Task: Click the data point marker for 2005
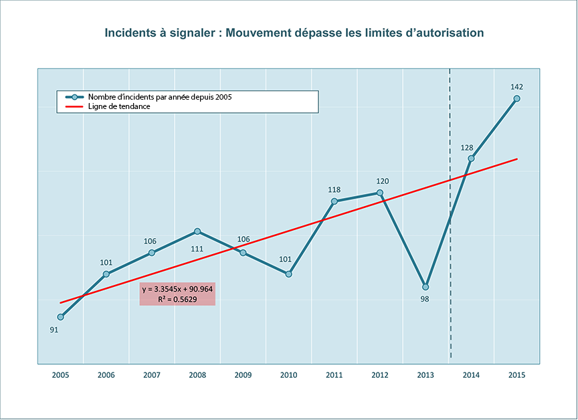coord(60,317)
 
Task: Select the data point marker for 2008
coord(197,231)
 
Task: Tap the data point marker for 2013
coord(425,287)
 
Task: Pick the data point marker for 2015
coord(516,99)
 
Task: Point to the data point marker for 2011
coord(334,201)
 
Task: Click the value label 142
coord(516,86)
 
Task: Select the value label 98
coord(424,299)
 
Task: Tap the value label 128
coord(467,148)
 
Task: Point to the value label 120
coord(382,181)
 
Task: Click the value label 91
coord(54,329)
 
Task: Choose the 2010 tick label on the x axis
coord(288,375)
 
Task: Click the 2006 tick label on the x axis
coord(106,375)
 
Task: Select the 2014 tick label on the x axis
coord(471,375)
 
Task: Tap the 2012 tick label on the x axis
coord(380,375)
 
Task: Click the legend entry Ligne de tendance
coord(119,106)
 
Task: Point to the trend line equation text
coord(177,290)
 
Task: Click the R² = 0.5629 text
coord(177,300)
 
